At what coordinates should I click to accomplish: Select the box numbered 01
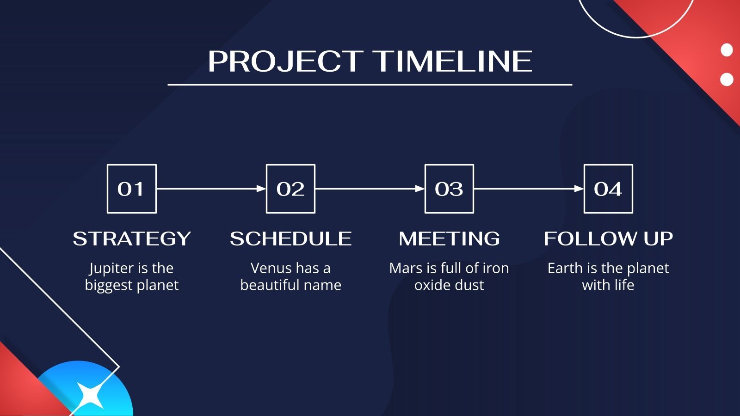pyautogui.click(x=131, y=189)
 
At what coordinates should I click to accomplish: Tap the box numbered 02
pyautogui.click(x=290, y=189)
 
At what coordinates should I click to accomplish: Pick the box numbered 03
pyautogui.click(x=449, y=189)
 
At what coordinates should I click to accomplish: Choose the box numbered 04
pyautogui.click(x=608, y=189)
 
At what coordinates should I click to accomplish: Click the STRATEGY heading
pyautogui.click(x=132, y=239)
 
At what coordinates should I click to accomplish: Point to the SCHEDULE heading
pyautogui.click(x=290, y=239)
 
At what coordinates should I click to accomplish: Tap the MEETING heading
pyautogui.click(x=449, y=239)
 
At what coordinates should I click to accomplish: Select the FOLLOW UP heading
pyautogui.click(x=608, y=239)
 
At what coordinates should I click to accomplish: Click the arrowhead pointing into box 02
pyautogui.click(x=261, y=189)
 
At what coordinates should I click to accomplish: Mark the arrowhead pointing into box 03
pyautogui.click(x=420, y=189)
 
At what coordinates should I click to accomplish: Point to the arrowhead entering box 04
pyautogui.click(x=579, y=189)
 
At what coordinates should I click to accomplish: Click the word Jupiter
pyautogui.click(x=111, y=269)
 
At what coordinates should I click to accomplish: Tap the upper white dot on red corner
pyautogui.click(x=727, y=50)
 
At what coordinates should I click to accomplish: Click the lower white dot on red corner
pyautogui.click(x=727, y=80)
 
